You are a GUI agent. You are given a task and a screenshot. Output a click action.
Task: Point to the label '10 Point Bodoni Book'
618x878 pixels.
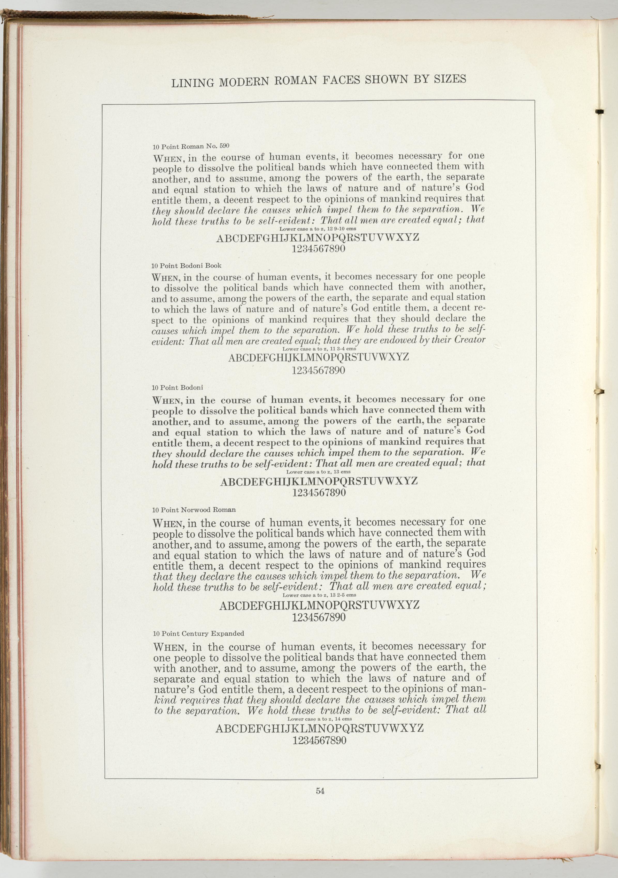click(x=186, y=265)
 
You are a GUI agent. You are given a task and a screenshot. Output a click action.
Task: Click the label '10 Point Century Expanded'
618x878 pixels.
click(x=198, y=634)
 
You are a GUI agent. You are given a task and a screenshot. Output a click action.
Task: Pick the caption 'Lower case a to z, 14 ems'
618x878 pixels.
click(x=320, y=719)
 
